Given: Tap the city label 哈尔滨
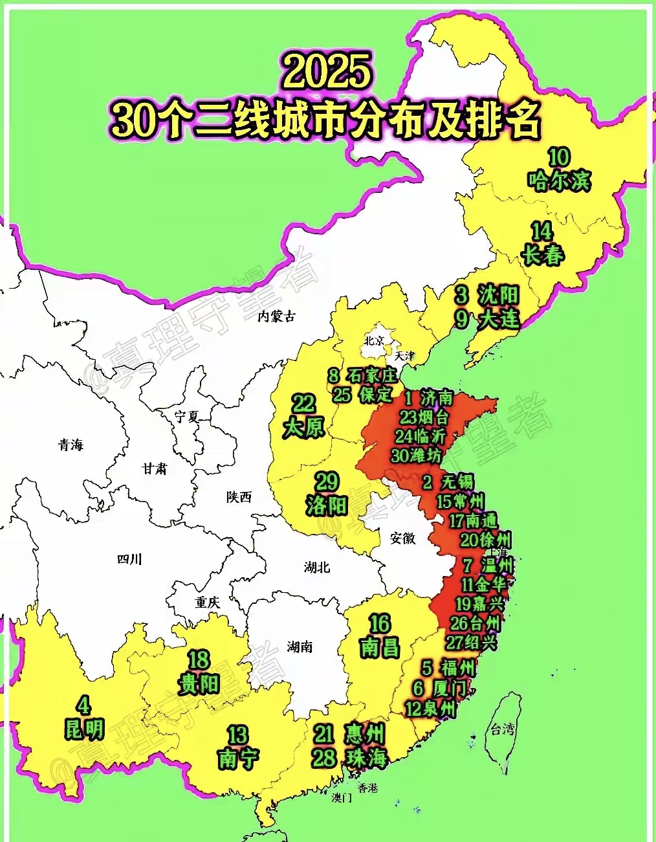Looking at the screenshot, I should point(559,181).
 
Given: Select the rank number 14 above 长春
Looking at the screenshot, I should point(541,231).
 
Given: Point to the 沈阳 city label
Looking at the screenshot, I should point(499,295).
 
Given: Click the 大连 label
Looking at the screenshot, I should point(499,319).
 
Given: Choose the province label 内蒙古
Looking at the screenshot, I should point(276,316).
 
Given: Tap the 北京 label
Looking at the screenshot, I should point(374,340).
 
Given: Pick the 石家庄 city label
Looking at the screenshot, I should point(371,375).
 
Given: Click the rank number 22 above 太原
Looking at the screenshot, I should point(303,404).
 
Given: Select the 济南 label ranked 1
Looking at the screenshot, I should point(437,397).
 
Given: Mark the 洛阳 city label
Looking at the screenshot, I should point(327,505).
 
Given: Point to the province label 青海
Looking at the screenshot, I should point(71,445).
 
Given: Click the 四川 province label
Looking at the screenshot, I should point(129,559).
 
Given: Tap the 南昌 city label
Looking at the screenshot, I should point(380,647).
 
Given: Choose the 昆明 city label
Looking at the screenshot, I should point(84,729).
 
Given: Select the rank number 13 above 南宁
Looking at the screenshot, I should point(237,735).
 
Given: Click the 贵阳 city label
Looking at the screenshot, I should point(199,683).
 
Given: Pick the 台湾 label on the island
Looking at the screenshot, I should point(502,729).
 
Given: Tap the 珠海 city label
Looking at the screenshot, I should point(366,758).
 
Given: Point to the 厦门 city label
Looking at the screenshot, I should point(450,689).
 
